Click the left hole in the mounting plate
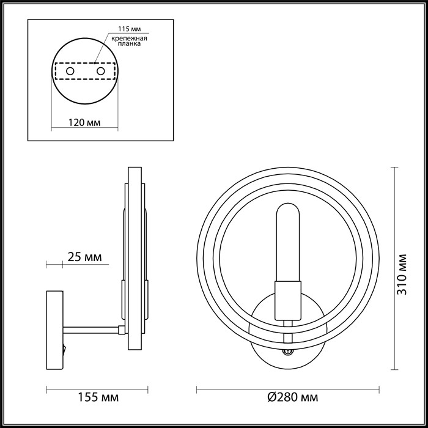tap(70, 72)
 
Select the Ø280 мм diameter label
tap(292, 398)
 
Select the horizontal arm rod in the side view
tap(92, 330)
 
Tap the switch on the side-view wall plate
tap(63, 350)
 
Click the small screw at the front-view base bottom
tap(287, 352)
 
